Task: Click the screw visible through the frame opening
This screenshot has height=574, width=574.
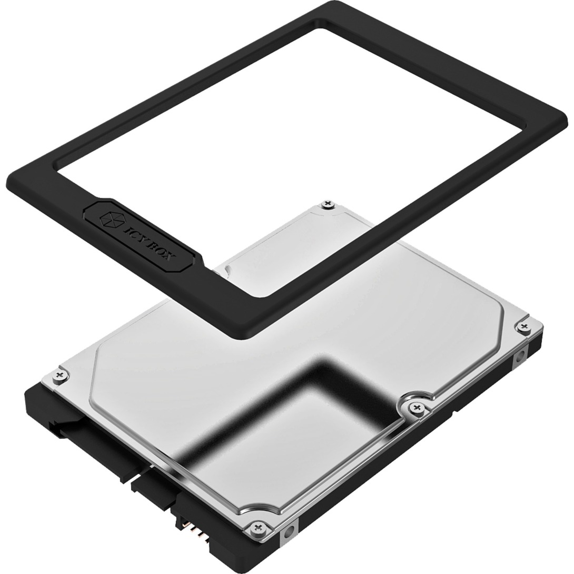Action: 329,203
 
